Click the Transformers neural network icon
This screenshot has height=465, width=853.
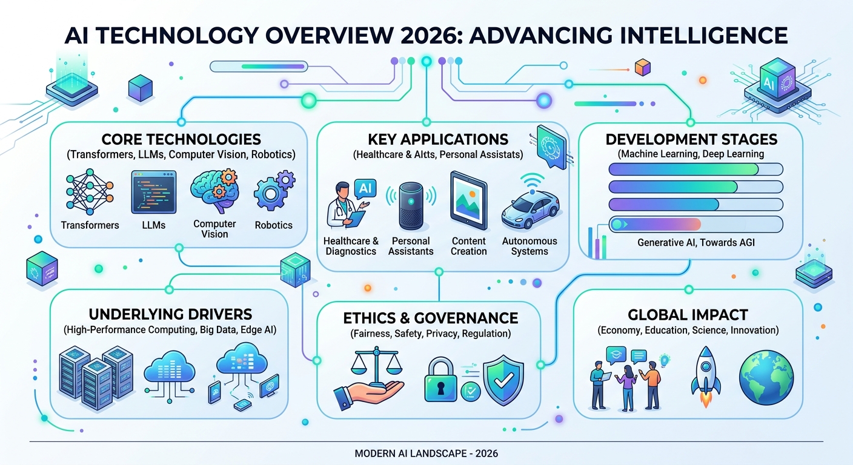(x=90, y=192)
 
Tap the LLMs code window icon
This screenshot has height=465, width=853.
(x=154, y=192)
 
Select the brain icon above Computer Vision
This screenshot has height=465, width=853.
(x=215, y=191)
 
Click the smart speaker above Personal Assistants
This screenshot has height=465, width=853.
(x=411, y=205)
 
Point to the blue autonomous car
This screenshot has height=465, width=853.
(x=531, y=208)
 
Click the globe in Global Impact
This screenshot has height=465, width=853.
(x=766, y=377)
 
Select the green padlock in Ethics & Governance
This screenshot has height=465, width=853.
(x=440, y=380)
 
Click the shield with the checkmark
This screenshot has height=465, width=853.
(x=503, y=380)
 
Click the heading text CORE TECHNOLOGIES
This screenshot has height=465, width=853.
(x=181, y=139)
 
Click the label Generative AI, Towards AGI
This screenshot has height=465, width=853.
(x=696, y=242)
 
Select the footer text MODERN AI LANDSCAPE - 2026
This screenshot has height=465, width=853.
(x=426, y=453)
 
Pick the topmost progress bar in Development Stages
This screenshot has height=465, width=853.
(x=695, y=169)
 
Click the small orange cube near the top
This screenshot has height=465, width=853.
(x=643, y=67)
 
